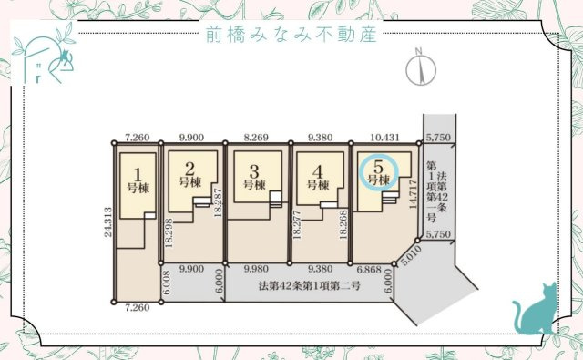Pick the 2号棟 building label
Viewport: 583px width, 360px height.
(189, 174)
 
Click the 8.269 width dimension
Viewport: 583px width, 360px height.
(257, 136)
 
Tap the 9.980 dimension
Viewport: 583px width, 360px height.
(257, 270)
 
